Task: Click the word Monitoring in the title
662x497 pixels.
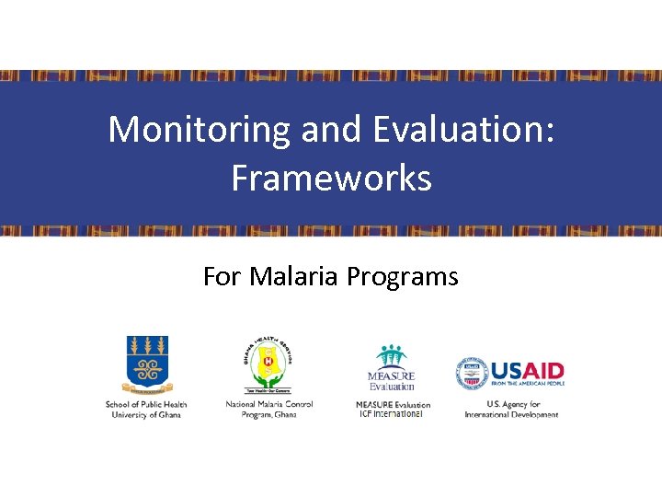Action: click(x=200, y=130)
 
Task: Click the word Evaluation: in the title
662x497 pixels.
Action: click(x=463, y=130)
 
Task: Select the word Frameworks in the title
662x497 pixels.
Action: click(x=331, y=178)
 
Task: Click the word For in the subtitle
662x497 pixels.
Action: click(x=221, y=276)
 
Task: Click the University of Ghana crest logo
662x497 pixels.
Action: click(x=147, y=365)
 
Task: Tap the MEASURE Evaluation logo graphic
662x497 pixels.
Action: click(x=392, y=368)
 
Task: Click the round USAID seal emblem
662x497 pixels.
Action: click(x=472, y=374)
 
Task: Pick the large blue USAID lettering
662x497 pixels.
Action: click(x=527, y=371)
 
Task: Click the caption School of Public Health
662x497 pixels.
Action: click(x=146, y=404)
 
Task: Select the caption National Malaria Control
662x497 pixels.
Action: click(x=269, y=404)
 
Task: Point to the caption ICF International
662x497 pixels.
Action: click(x=391, y=414)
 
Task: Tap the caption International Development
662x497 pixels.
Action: click(x=511, y=415)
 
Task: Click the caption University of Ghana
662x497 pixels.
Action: click(x=146, y=415)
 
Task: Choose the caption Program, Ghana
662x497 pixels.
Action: click(x=269, y=415)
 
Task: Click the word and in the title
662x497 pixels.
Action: click(x=333, y=130)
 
